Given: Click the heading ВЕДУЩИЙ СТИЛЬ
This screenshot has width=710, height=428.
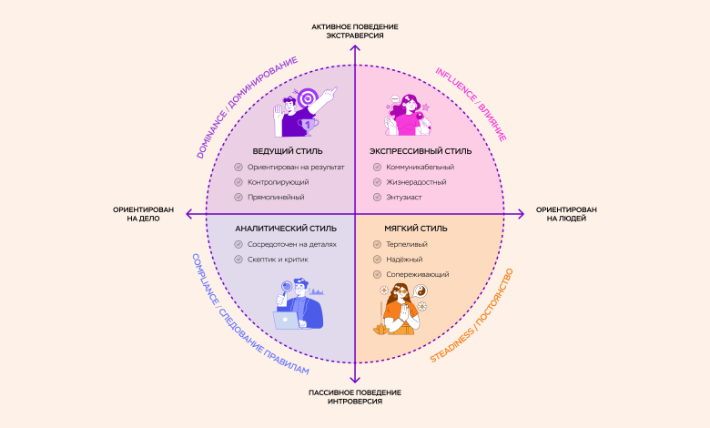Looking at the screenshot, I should click(289, 150).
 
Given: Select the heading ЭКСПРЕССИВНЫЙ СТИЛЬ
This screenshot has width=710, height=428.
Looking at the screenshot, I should click(421, 150).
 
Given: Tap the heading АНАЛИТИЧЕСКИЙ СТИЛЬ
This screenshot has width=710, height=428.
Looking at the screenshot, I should click(285, 229).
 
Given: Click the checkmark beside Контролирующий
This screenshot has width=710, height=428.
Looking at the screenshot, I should click(238, 182).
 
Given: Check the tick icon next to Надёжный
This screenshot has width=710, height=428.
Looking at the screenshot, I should click(379, 260).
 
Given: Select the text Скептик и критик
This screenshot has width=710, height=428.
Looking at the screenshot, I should click(278, 260).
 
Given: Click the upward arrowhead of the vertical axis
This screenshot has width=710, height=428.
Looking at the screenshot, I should click(355, 47).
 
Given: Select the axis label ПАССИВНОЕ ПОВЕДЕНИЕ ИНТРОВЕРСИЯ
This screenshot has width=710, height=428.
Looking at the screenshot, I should click(354, 396).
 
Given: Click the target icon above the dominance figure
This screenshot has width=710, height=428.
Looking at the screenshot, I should click(307, 97).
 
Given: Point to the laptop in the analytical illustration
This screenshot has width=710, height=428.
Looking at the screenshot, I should click(290, 320).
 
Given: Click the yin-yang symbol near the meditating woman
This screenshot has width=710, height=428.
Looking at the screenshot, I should click(421, 291).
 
